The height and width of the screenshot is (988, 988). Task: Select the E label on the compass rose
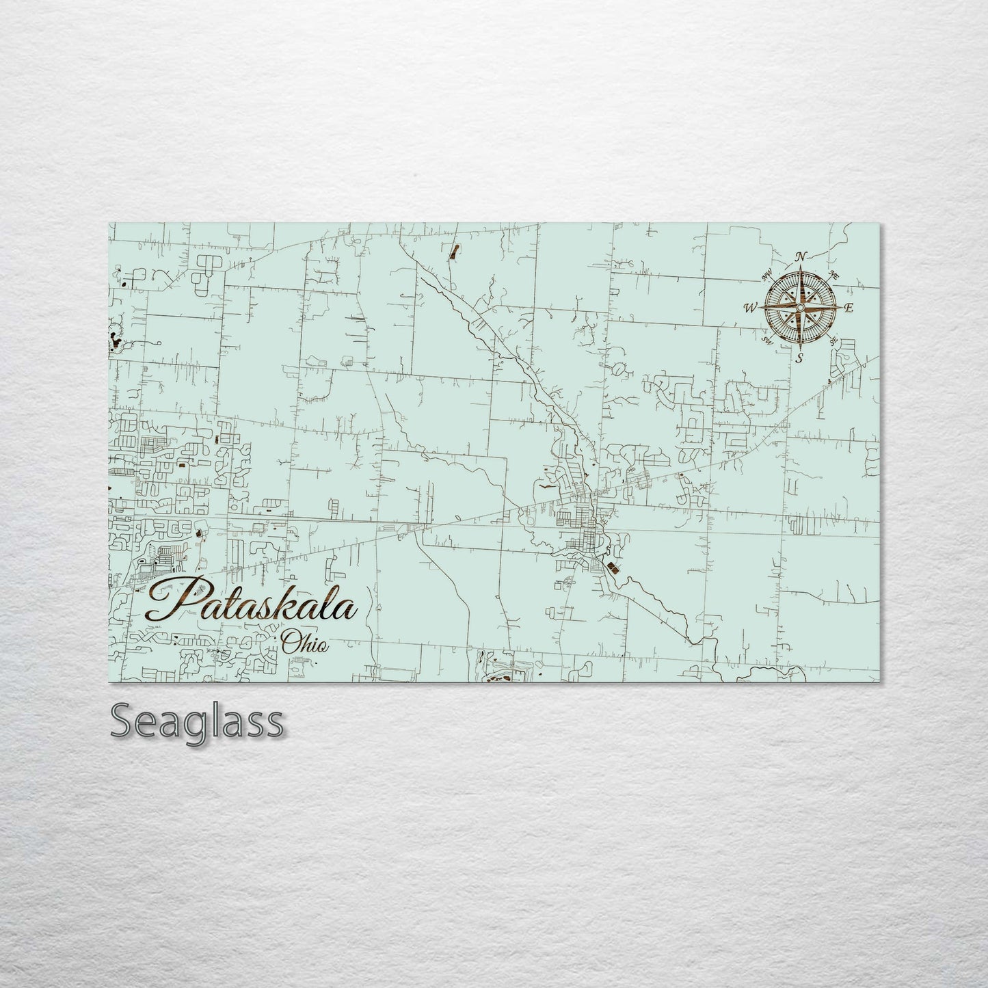(849, 308)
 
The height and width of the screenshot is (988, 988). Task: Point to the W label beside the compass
(750, 308)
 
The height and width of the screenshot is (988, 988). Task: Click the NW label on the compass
(766, 277)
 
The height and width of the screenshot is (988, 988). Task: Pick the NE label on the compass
(833, 275)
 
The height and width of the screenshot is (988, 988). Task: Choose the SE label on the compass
(833, 341)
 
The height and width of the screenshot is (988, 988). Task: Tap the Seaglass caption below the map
(196, 721)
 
